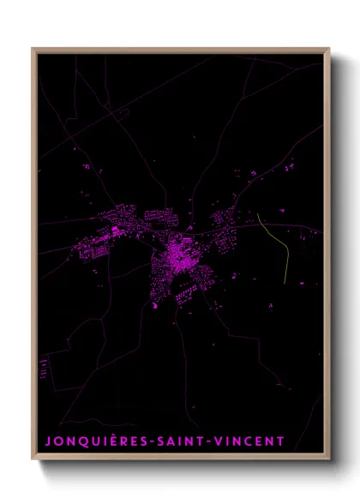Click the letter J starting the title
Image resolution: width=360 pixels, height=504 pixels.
click(x=48, y=441)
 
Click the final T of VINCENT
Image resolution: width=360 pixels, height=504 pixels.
click(x=279, y=441)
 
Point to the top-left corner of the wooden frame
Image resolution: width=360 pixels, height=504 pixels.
click(x=33, y=49)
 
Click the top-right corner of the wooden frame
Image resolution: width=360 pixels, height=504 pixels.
click(x=329, y=49)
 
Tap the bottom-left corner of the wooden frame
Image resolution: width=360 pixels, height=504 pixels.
click(x=33, y=459)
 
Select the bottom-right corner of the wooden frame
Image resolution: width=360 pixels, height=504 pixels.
click(x=329, y=459)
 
